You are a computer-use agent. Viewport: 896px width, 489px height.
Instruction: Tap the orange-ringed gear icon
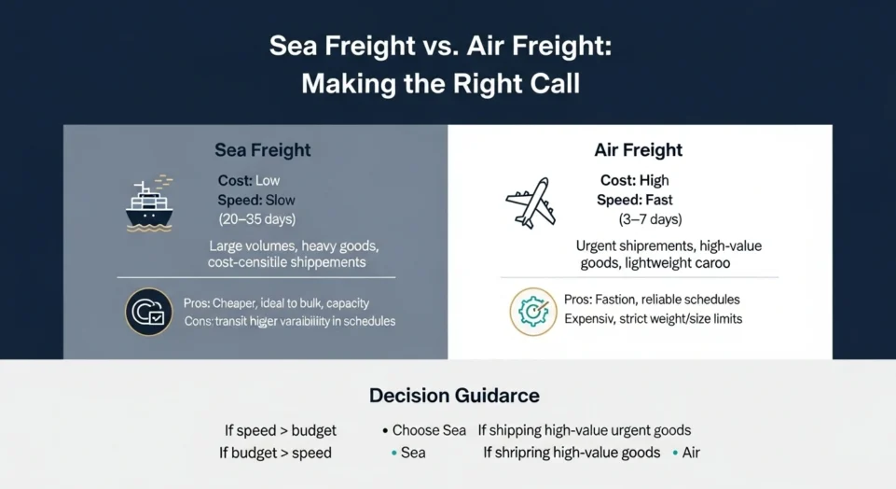point(533,312)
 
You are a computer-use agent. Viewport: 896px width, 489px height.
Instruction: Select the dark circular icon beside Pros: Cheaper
point(149,312)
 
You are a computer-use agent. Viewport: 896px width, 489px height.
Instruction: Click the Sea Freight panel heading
point(263,150)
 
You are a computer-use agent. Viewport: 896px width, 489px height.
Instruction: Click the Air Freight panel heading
point(639,150)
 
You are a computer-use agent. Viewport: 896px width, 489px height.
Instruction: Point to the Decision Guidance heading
point(454,395)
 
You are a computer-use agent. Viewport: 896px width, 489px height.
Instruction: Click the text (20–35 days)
point(256,219)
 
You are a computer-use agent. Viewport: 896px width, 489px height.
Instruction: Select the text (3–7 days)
point(650,219)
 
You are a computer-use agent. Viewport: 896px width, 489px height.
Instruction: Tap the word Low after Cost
point(268,180)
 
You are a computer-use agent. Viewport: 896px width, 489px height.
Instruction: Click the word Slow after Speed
point(280,200)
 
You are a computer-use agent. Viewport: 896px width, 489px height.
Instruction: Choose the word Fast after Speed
point(658,200)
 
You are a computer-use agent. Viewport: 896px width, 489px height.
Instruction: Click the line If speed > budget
point(281,431)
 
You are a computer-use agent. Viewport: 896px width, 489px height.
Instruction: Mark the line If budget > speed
point(276,453)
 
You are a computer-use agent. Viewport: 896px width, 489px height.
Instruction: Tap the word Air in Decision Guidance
point(691,453)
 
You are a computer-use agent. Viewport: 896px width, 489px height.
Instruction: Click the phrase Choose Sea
point(429,431)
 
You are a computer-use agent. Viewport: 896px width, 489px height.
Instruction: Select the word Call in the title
point(555,84)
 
